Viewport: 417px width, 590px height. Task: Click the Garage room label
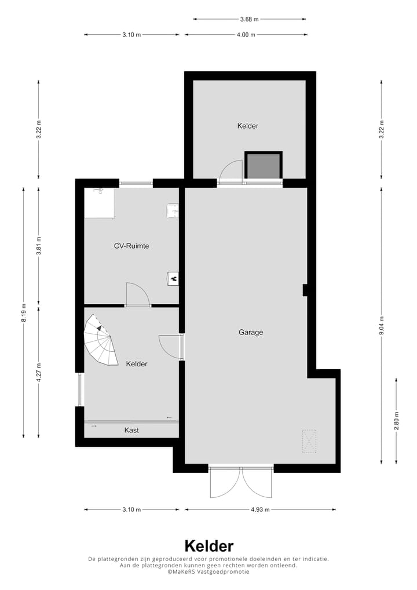251,333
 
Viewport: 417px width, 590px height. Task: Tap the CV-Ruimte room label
131,246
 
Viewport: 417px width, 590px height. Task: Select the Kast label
131,430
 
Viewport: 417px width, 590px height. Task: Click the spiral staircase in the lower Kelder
100,344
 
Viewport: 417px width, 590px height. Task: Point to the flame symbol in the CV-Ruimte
173,279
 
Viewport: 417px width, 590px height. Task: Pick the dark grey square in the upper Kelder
264,166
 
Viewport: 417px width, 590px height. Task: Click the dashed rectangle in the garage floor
309,440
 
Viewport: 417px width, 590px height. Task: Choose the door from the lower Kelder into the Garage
171,347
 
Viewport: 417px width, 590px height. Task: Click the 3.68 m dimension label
249,19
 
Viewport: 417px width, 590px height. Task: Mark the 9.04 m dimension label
381,326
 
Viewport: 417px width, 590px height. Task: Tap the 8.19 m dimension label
24,313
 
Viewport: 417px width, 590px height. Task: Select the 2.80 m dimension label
397,420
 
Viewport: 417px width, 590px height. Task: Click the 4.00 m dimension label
246,35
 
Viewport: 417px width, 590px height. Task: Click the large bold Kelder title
209,546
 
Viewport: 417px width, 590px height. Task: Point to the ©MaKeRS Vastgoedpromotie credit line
209,571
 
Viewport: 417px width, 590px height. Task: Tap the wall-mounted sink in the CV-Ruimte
173,211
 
